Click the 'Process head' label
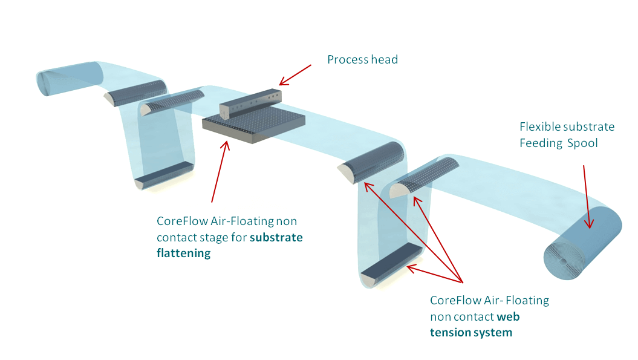click(362, 60)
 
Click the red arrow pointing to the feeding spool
click(587, 197)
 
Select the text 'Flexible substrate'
click(567, 127)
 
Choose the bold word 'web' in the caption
click(508, 316)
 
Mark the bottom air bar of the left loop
click(163, 175)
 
